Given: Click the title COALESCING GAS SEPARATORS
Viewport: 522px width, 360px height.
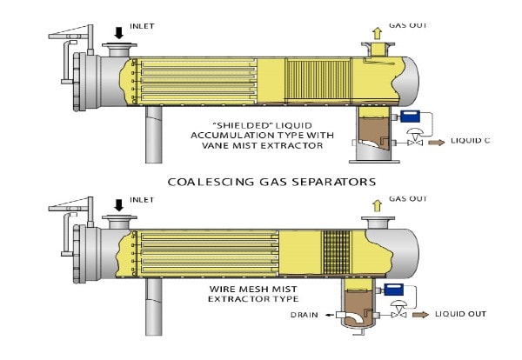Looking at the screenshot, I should tap(260, 182).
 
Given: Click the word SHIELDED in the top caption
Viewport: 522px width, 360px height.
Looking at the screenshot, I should tap(222, 123).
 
